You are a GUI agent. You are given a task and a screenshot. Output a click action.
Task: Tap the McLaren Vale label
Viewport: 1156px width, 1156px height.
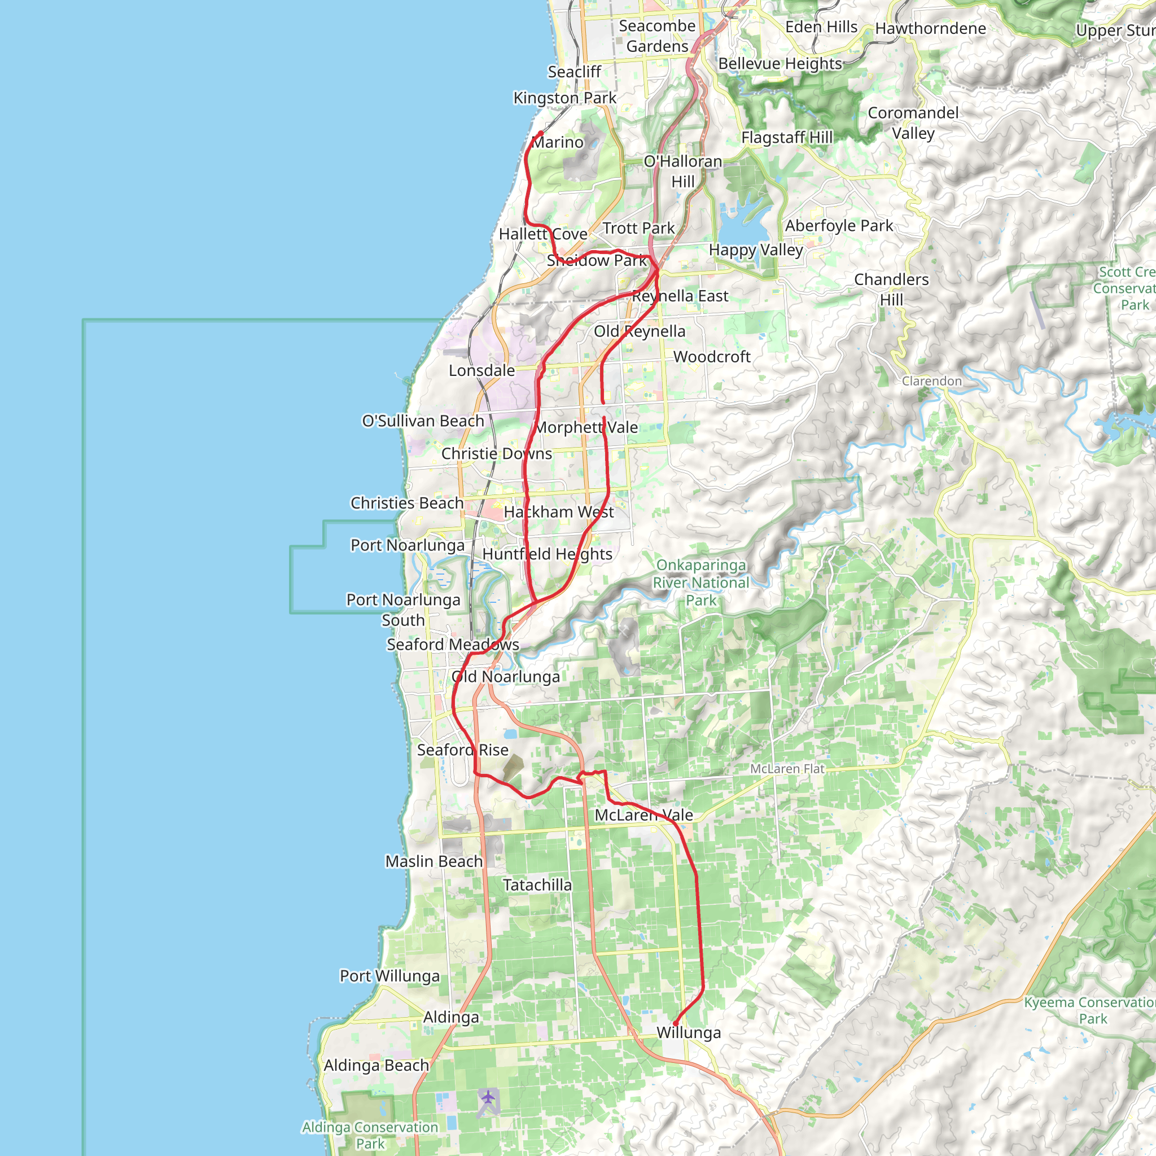click(x=644, y=816)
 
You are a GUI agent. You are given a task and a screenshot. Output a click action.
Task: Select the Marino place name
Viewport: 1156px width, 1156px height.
click(x=558, y=142)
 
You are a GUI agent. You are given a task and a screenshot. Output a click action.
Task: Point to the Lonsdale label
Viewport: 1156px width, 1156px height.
click(x=481, y=371)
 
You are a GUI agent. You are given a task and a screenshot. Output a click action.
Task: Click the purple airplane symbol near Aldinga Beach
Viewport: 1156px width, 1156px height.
click(x=488, y=1097)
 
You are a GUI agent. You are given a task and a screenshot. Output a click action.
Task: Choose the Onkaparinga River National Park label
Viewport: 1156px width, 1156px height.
click(x=700, y=583)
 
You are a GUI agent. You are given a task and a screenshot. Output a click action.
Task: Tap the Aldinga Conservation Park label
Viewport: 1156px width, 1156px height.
click(x=370, y=1135)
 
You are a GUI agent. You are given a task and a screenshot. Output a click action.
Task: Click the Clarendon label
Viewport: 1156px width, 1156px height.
click(x=931, y=382)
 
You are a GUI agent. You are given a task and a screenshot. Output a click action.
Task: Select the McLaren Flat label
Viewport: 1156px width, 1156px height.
click(x=787, y=769)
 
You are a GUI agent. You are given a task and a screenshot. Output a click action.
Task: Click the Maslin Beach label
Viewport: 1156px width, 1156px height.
click(x=434, y=861)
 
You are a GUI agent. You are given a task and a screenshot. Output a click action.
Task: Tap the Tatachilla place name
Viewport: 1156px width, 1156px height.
click(x=537, y=886)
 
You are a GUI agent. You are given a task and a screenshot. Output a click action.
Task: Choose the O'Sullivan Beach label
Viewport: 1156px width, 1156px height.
click(x=423, y=421)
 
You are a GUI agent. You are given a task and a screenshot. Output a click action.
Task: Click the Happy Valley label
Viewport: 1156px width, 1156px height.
click(x=756, y=250)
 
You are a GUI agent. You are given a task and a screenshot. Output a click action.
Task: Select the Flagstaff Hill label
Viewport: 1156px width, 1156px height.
click(x=787, y=138)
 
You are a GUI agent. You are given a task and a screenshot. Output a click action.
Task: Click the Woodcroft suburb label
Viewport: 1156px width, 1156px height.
click(x=711, y=357)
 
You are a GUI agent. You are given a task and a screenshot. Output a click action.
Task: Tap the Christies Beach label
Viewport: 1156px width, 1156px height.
click(x=407, y=503)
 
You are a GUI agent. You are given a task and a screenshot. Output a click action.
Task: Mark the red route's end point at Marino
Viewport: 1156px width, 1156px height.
click(x=541, y=133)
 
